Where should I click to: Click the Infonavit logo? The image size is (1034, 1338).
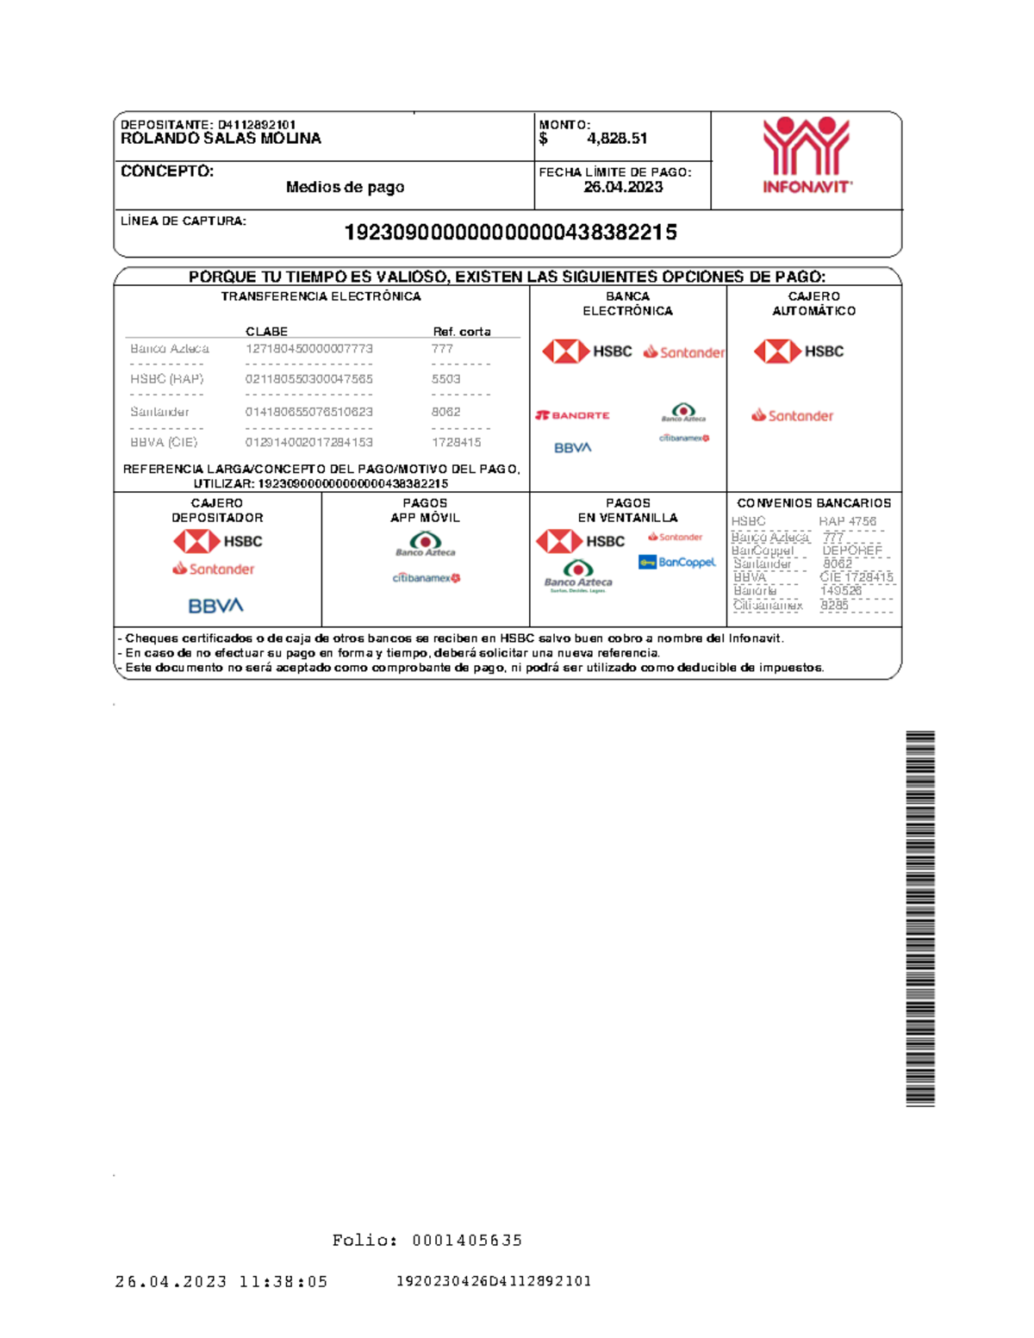(x=807, y=156)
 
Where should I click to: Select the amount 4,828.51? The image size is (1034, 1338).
(x=617, y=139)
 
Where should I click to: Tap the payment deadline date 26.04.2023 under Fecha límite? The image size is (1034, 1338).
(x=623, y=187)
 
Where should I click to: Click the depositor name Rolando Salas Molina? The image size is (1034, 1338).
(x=221, y=139)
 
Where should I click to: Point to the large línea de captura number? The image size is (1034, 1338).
(x=510, y=233)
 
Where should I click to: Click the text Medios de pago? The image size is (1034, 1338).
(x=345, y=187)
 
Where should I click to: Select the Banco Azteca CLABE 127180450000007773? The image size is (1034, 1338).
(x=309, y=349)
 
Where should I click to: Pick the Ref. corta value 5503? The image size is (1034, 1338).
(x=445, y=379)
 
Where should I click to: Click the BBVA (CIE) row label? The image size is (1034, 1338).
(x=164, y=442)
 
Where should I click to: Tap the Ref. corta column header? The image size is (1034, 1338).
(x=461, y=332)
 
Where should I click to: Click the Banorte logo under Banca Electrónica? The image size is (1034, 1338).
(x=573, y=415)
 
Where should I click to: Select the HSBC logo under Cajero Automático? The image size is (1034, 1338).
(x=799, y=352)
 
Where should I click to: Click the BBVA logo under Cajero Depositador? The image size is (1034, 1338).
(x=215, y=606)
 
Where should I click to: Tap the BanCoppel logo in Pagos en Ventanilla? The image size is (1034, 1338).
(x=677, y=563)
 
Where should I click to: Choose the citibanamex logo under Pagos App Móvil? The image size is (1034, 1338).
(x=427, y=578)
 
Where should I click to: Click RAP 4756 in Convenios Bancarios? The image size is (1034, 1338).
(x=847, y=521)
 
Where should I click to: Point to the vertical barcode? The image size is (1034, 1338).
(x=920, y=918)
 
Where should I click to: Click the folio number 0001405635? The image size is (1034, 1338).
(x=467, y=1241)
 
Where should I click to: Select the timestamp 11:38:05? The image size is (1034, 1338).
(x=283, y=1282)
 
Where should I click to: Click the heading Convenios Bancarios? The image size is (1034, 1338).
(x=813, y=503)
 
